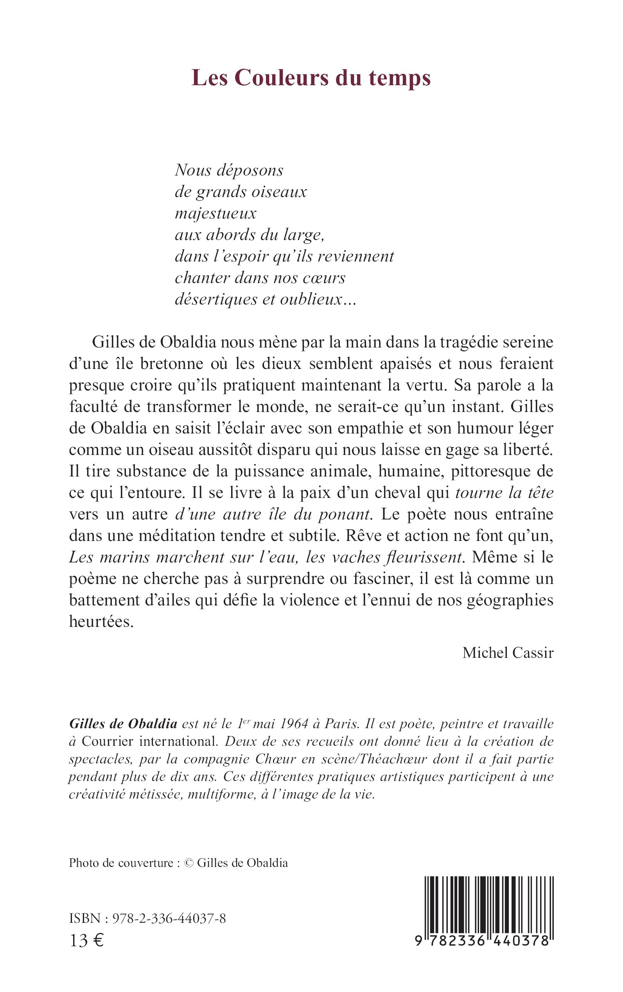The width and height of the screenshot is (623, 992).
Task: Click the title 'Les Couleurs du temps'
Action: [x=311, y=77]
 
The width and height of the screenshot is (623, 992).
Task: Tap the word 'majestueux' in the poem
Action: [x=215, y=213]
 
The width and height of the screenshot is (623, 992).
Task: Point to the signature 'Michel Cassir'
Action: [x=508, y=653]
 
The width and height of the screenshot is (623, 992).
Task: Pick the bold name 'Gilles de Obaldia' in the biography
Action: [x=123, y=723]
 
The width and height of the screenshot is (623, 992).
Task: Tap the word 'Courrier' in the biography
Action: [x=107, y=741]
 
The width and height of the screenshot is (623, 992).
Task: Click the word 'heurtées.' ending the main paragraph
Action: [x=101, y=621]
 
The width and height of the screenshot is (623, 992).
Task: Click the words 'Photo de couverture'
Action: [x=121, y=863]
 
